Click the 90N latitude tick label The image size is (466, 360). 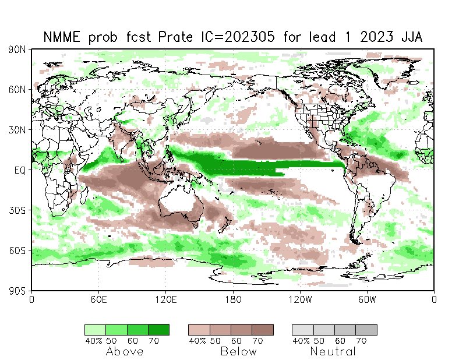click(17, 50)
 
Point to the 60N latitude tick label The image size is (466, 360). click(17, 90)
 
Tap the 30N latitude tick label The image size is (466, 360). click(17, 130)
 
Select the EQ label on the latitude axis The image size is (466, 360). click(19, 170)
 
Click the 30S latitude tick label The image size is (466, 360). click(17, 210)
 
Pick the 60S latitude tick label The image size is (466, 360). click(17, 250)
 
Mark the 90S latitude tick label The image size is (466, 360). click(17, 290)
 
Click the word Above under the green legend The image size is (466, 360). click(125, 351)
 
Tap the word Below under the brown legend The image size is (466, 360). click(239, 351)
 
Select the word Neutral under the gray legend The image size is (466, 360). click(333, 351)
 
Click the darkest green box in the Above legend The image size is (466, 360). click(158, 330)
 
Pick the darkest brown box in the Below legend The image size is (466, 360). click(263, 330)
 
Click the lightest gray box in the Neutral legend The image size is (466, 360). click(303, 330)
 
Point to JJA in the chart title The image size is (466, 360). click(407, 37)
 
